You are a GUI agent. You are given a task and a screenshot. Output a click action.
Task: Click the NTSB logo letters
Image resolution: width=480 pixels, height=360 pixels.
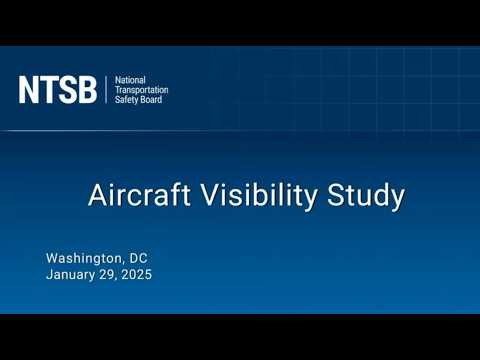pyautogui.click(x=57, y=90)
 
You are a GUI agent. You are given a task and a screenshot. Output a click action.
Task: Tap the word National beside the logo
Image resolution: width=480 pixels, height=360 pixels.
pyautogui.click(x=132, y=79)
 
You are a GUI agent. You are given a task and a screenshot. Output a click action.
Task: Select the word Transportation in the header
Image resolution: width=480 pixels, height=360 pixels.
pyautogui.click(x=142, y=90)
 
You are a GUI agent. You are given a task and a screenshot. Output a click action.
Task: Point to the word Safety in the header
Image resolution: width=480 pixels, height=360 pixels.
pyautogui.click(x=128, y=101)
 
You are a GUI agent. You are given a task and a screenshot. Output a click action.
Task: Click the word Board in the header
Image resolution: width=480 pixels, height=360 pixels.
pyautogui.click(x=152, y=101)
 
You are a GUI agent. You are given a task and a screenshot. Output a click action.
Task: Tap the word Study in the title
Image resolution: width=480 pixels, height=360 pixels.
pyautogui.click(x=365, y=196)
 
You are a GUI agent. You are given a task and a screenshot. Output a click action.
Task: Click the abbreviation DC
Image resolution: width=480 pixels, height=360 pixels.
pyautogui.click(x=137, y=257)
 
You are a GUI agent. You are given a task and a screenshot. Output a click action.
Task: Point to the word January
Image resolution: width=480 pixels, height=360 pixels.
pyautogui.click(x=73, y=274)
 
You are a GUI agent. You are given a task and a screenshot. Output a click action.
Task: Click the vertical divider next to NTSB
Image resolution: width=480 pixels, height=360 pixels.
pyautogui.click(x=105, y=90)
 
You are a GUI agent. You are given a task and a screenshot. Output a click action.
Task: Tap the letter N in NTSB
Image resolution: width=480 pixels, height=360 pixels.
pyautogui.click(x=28, y=90)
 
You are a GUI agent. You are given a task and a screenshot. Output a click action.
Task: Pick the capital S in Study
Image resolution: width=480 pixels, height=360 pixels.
pyautogui.click(x=336, y=195)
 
